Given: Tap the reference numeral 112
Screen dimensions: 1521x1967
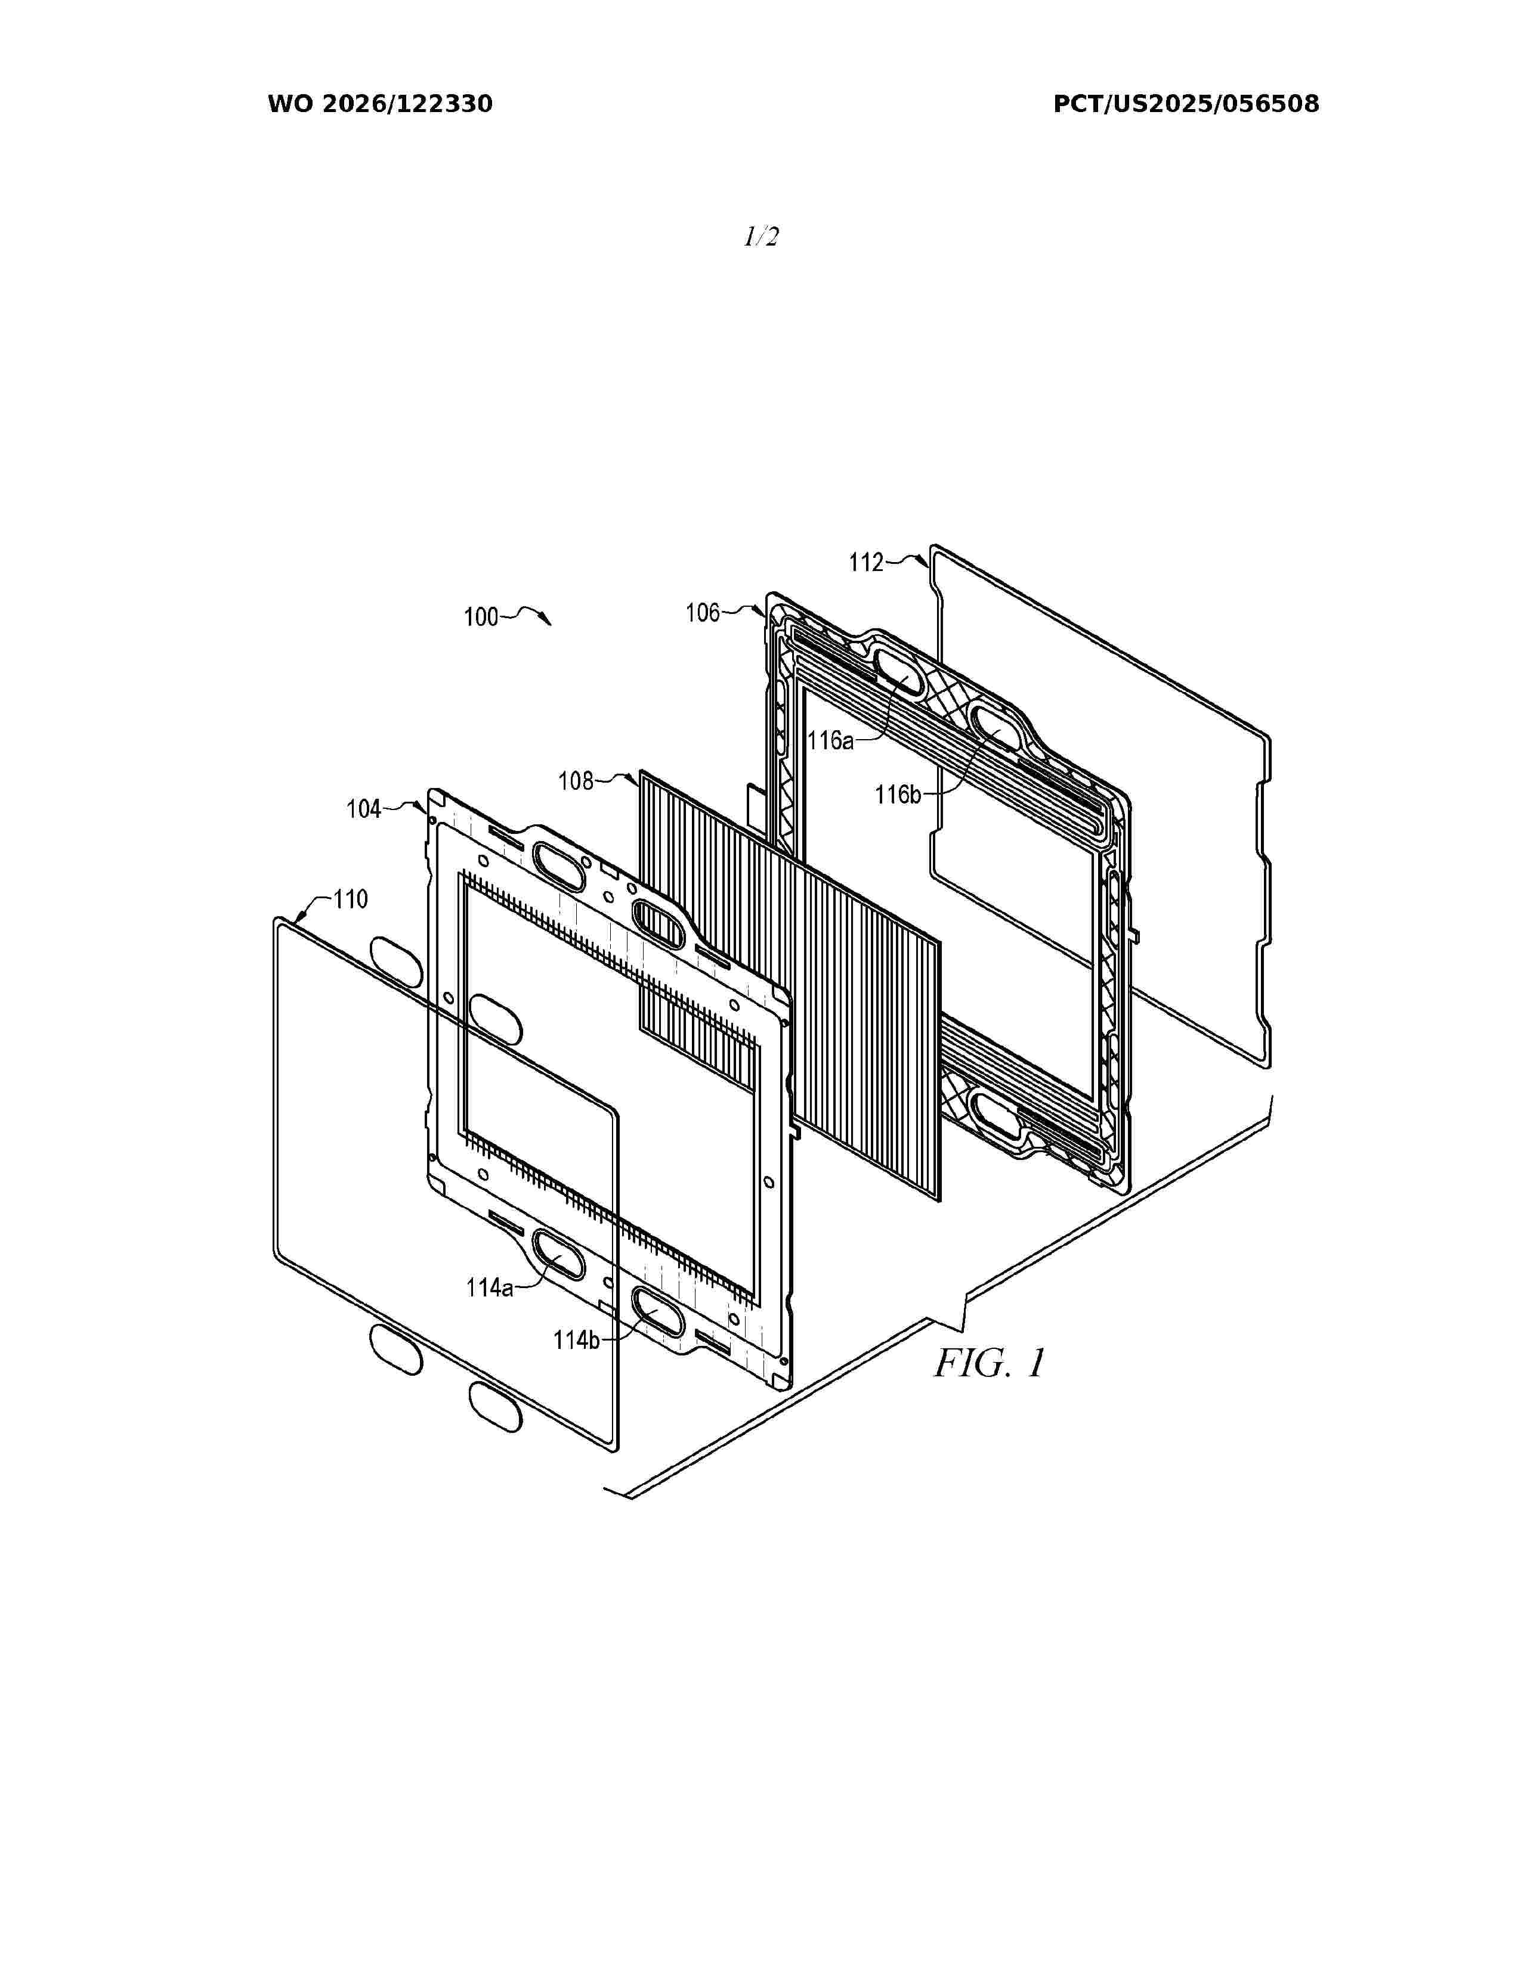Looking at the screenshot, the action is (x=866, y=562).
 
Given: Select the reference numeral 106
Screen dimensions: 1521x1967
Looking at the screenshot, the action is (x=703, y=613).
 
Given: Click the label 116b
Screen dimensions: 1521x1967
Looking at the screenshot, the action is (x=898, y=795).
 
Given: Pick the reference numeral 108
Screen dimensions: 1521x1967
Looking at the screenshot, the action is (x=576, y=781).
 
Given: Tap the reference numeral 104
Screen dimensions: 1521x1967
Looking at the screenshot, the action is (x=364, y=809).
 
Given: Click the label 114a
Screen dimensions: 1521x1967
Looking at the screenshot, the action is (x=489, y=1288).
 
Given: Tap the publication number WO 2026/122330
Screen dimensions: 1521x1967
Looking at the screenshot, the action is (x=381, y=104).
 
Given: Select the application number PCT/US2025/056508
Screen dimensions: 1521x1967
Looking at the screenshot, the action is (x=1186, y=104).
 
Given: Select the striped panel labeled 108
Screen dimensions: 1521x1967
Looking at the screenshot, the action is (x=789, y=985).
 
